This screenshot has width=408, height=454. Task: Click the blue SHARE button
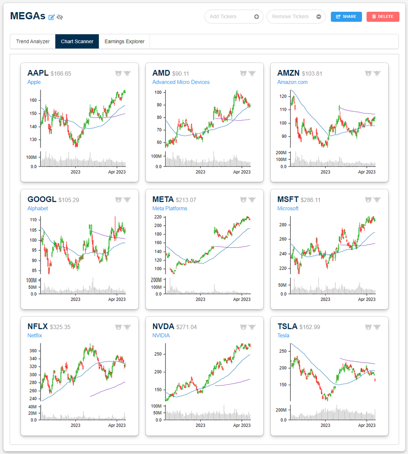click(x=346, y=17)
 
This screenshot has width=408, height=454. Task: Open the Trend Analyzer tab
click(x=33, y=42)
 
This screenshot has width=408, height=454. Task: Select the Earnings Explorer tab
click(x=124, y=42)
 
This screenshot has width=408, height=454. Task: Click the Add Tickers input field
click(x=229, y=17)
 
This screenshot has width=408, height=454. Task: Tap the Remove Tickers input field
click(x=291, y=17)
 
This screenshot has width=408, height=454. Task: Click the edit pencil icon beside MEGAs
click(x=51, y=17)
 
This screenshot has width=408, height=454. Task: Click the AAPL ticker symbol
click(x=38, y=73)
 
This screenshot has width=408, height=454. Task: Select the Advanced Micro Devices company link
click(x=181, y=82)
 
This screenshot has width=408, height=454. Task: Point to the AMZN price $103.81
click(x=312, y=74)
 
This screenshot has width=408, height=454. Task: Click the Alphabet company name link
click(x=37, y=208)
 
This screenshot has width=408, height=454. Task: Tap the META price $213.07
click(x=186, y=200)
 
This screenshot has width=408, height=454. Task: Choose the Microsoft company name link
click(x=288, y=208)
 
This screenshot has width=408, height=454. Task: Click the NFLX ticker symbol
click(x=37, y=327)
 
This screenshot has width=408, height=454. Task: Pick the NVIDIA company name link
click(x=161, y=336)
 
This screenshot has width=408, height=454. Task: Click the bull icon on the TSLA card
click(x=377, y=327)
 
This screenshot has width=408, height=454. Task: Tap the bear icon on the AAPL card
click(x=118, y=73)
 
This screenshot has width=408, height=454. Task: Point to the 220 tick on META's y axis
click(x=158, y=217)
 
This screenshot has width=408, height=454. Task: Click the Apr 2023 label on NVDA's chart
click(x=241, y=425)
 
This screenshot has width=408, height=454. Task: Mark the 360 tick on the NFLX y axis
click(x=33, y=351)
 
